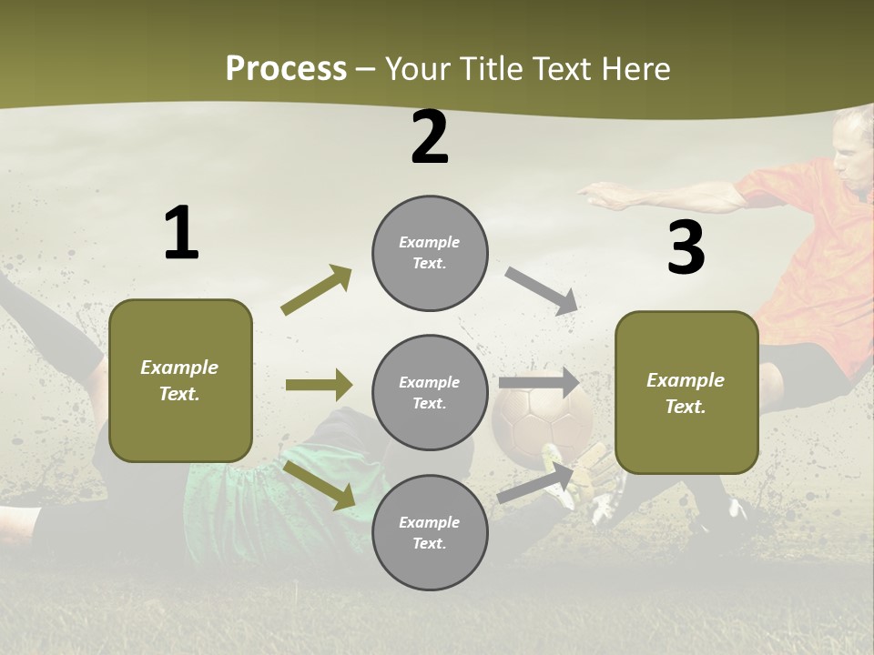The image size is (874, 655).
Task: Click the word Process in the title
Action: coord(286,68)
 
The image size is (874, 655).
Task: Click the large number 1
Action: coord(181,233)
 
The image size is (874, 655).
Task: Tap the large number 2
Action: coord(430,137)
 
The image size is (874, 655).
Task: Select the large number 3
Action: coord(686,248)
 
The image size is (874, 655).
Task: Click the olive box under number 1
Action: coord(180,380)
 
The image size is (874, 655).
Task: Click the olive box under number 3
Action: coord(686,392)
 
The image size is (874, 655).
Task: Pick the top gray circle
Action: coord(430,253)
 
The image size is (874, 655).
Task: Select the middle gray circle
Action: coord(430,392)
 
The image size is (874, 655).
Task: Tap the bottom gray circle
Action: coord(430,532)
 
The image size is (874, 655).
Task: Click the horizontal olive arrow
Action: coord(319,385)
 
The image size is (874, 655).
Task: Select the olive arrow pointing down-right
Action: coord(320,484)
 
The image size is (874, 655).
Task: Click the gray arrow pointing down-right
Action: coord(542,291)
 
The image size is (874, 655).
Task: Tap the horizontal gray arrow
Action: coord(538,382)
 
